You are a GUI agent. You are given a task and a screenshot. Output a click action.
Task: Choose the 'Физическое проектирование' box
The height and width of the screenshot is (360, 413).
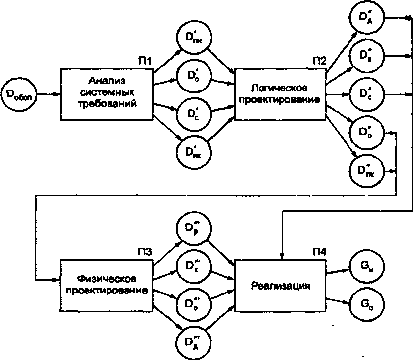(x=106, y=284)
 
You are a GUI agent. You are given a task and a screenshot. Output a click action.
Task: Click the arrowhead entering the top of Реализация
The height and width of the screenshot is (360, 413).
(x=281, y=256)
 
